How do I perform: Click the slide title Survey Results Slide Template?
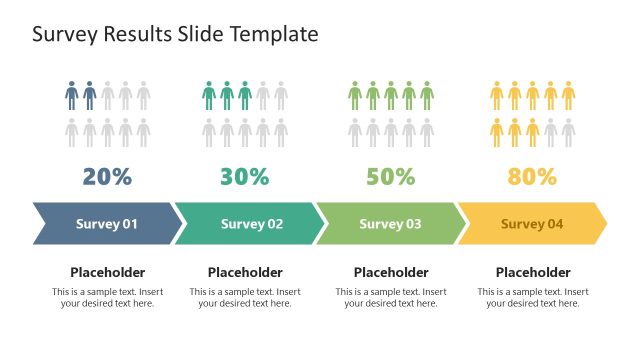click(x=175, y=34)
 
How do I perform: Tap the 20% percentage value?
click(x=107, y=177)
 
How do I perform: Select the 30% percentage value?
click(x=245, y=177)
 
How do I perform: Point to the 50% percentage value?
click(x=390, y=177)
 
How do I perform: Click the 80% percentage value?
click(x=532, y=177)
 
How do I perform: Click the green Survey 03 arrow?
click(x=390, y=224)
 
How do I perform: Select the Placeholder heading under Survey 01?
click(x=107, y=272)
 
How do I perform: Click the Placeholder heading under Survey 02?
click(x=245, y=272)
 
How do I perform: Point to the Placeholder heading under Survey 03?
click(x=391, y=272)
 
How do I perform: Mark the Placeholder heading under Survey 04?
click(x=533, y=272)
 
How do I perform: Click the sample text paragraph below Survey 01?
click(x=107, y=297)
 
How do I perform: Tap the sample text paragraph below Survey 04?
click(x=533, y=297)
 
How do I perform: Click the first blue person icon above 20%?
click(x=71, y=96)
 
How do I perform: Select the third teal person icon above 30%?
click(x=245, y=96)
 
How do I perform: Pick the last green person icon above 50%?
click(x=427, y=96)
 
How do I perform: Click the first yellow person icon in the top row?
click(x=497, y=96)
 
